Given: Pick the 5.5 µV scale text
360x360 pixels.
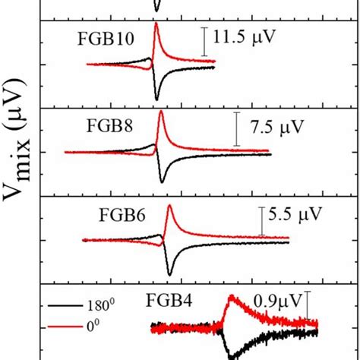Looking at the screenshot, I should (298, 213).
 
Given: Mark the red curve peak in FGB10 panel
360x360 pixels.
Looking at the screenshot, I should (156, 25).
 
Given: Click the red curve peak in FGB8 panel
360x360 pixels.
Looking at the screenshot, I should (160, 114).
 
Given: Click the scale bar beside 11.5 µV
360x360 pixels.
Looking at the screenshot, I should (204, 41).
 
